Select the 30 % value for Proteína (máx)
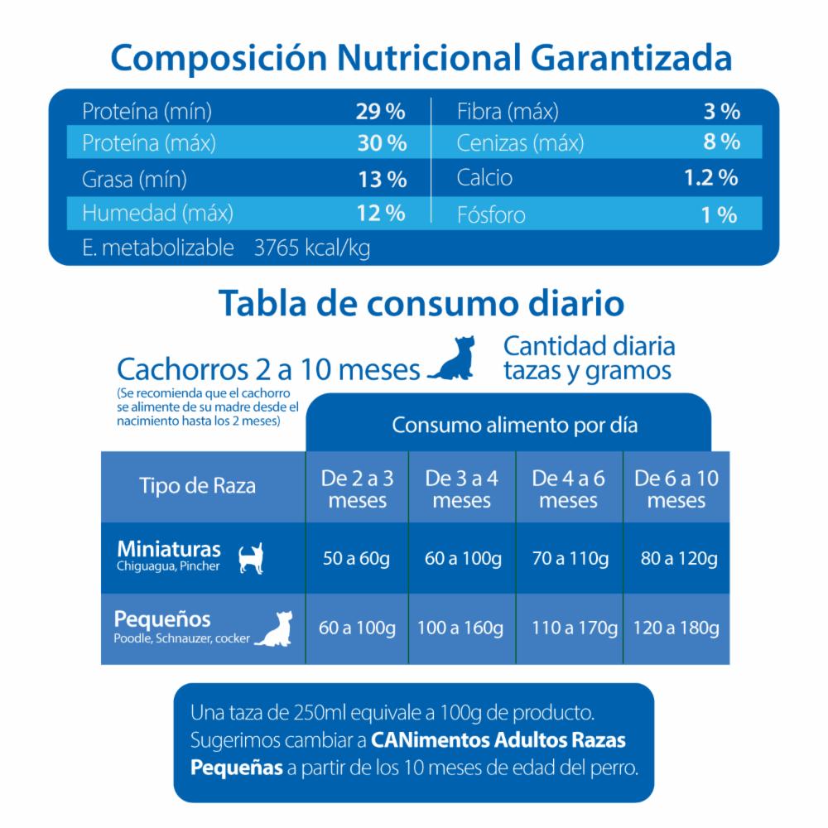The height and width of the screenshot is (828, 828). tap(382, 143)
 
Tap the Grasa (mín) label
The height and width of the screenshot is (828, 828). tap(134, 179)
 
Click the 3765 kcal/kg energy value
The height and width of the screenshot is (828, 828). tap(314, 248)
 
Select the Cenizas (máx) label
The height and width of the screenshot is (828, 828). tap(520, 143)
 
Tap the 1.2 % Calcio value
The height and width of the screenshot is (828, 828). tap(711, 177)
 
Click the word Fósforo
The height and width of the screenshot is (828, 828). tap(491, 215)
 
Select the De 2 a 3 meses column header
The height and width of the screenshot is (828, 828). tap(358, 489)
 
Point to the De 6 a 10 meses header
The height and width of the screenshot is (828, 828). tap(676, 489)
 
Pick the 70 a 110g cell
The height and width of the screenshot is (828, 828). tap(570, 558)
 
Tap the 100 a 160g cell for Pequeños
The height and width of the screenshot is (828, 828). tap(461, 628)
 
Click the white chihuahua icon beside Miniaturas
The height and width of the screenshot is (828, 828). tap(251, 558)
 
